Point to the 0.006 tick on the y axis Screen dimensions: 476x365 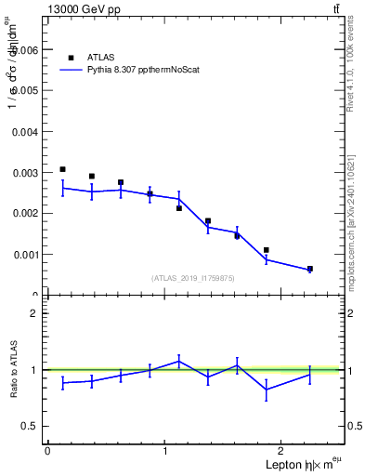point(27,50)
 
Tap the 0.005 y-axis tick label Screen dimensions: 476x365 point(27,91)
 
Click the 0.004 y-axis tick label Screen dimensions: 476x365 point(27,132)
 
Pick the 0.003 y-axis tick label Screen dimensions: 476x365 point(27,173)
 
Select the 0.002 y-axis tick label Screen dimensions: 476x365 point(27,214)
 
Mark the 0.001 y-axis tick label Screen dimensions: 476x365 point(27,255)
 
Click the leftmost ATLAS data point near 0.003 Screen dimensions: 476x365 point(62,169)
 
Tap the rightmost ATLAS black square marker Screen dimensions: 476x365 point(309,269)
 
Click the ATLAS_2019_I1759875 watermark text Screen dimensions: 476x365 point(193,278)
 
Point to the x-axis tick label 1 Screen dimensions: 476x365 point(165,451)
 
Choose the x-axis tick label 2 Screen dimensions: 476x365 point(283,451)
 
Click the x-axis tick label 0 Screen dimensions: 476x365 point(47,451)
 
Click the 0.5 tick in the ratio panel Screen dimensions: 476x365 point(32,426)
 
